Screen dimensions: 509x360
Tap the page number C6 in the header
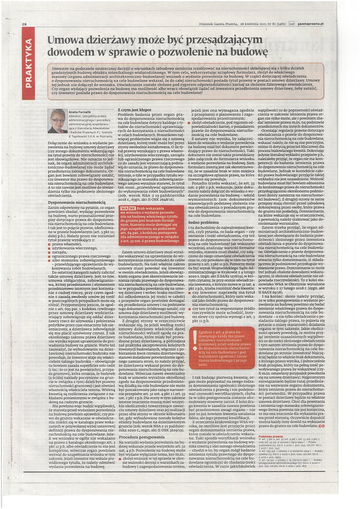tap(25, 24)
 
